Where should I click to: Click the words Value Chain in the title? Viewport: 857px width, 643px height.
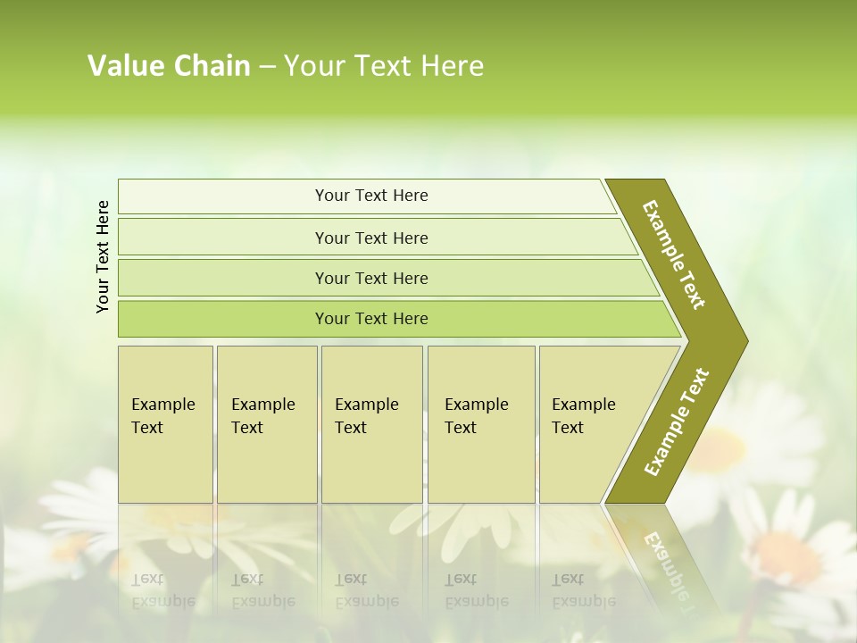coord(169,66)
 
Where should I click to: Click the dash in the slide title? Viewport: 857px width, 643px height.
coord(267,67)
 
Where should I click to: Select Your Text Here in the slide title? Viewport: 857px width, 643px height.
coord(384,66)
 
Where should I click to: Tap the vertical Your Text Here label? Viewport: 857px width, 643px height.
coord(103,257)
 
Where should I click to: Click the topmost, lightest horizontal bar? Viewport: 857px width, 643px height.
coord(370,196)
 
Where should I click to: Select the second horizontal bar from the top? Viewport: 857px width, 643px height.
coord(370,238)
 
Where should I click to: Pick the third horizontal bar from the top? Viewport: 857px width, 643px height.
coord(370,278)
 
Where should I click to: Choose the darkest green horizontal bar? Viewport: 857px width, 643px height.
coord(370,319)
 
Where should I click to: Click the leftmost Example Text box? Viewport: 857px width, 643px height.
coord(165,423)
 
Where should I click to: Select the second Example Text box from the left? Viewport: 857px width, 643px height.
coord(266,423)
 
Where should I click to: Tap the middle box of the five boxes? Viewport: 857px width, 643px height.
coord(371,423)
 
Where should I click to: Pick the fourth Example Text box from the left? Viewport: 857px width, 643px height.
coord(480,423)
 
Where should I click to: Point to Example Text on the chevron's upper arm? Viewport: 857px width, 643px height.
coord(674,255)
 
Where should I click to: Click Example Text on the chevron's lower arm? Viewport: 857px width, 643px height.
coord(677,422)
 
